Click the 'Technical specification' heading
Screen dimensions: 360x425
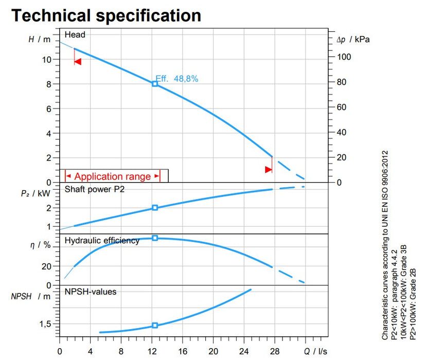106,15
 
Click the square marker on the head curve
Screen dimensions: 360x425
154,83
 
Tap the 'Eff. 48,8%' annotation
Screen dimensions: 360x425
177,79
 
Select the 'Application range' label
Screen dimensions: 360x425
113,176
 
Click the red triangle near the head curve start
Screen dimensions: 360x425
78,62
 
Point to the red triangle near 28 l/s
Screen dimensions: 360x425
268,169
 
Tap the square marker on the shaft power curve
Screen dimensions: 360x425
154,208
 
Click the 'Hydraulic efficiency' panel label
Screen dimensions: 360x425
102,240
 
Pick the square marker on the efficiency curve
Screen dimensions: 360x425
154,238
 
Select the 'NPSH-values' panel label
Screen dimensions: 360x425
91,292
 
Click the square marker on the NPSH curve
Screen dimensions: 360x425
154,326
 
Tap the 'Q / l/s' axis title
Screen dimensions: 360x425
315,352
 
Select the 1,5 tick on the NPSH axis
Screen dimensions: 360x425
45,325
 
